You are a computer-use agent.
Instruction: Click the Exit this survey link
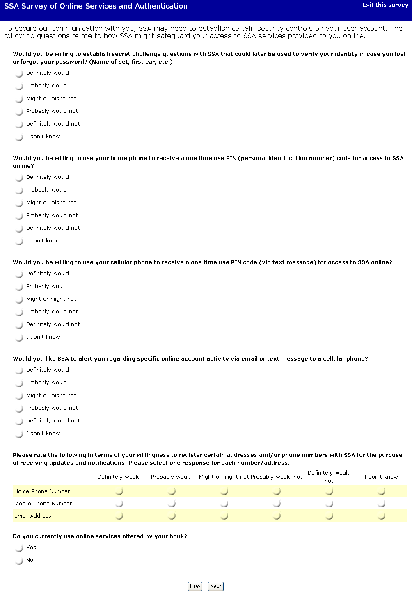pyautogui.click(x=385, y=5)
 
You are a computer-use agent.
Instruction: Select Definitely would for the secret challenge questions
pyautogui.click(x=19, y=73)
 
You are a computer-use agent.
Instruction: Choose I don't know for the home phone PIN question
pyautogui.click(x=19, y=241)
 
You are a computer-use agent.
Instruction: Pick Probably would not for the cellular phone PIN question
pyautogui.click(x=19, y=312)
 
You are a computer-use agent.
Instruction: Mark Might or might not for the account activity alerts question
pyautogui.click(x=19, y=396)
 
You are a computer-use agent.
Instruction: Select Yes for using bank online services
pyautogui.click(x=19, y=548)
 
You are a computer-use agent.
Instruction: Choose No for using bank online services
pyautogui.click(x=19, y=561)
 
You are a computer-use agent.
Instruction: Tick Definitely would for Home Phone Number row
pyautogui.click(x=119, y=491)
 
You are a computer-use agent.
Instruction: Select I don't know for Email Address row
pyautogui.click(x=381, y=516)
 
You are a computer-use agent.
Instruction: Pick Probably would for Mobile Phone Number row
pyautogui.click(x=172, y=503)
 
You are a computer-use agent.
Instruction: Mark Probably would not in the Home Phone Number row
pyautogui.click(x=277, y=491)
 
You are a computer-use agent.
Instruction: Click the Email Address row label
pyautogui.click(x=33, y=516)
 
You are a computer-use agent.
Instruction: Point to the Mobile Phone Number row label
pyautogui.click(x=43, y=504)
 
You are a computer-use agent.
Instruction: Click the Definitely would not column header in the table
pyautogui.click(x=329, y=477)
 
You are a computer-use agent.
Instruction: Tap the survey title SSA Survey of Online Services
pyautogui.click(x=96, y=6)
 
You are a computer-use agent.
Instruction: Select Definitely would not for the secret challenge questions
pyautogui.click(x=19, y=124)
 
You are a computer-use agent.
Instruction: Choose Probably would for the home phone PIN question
pyautogui.click(x=19, y=190)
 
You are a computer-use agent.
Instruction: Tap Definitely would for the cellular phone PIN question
pyautogui.click(x=19, y=274)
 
